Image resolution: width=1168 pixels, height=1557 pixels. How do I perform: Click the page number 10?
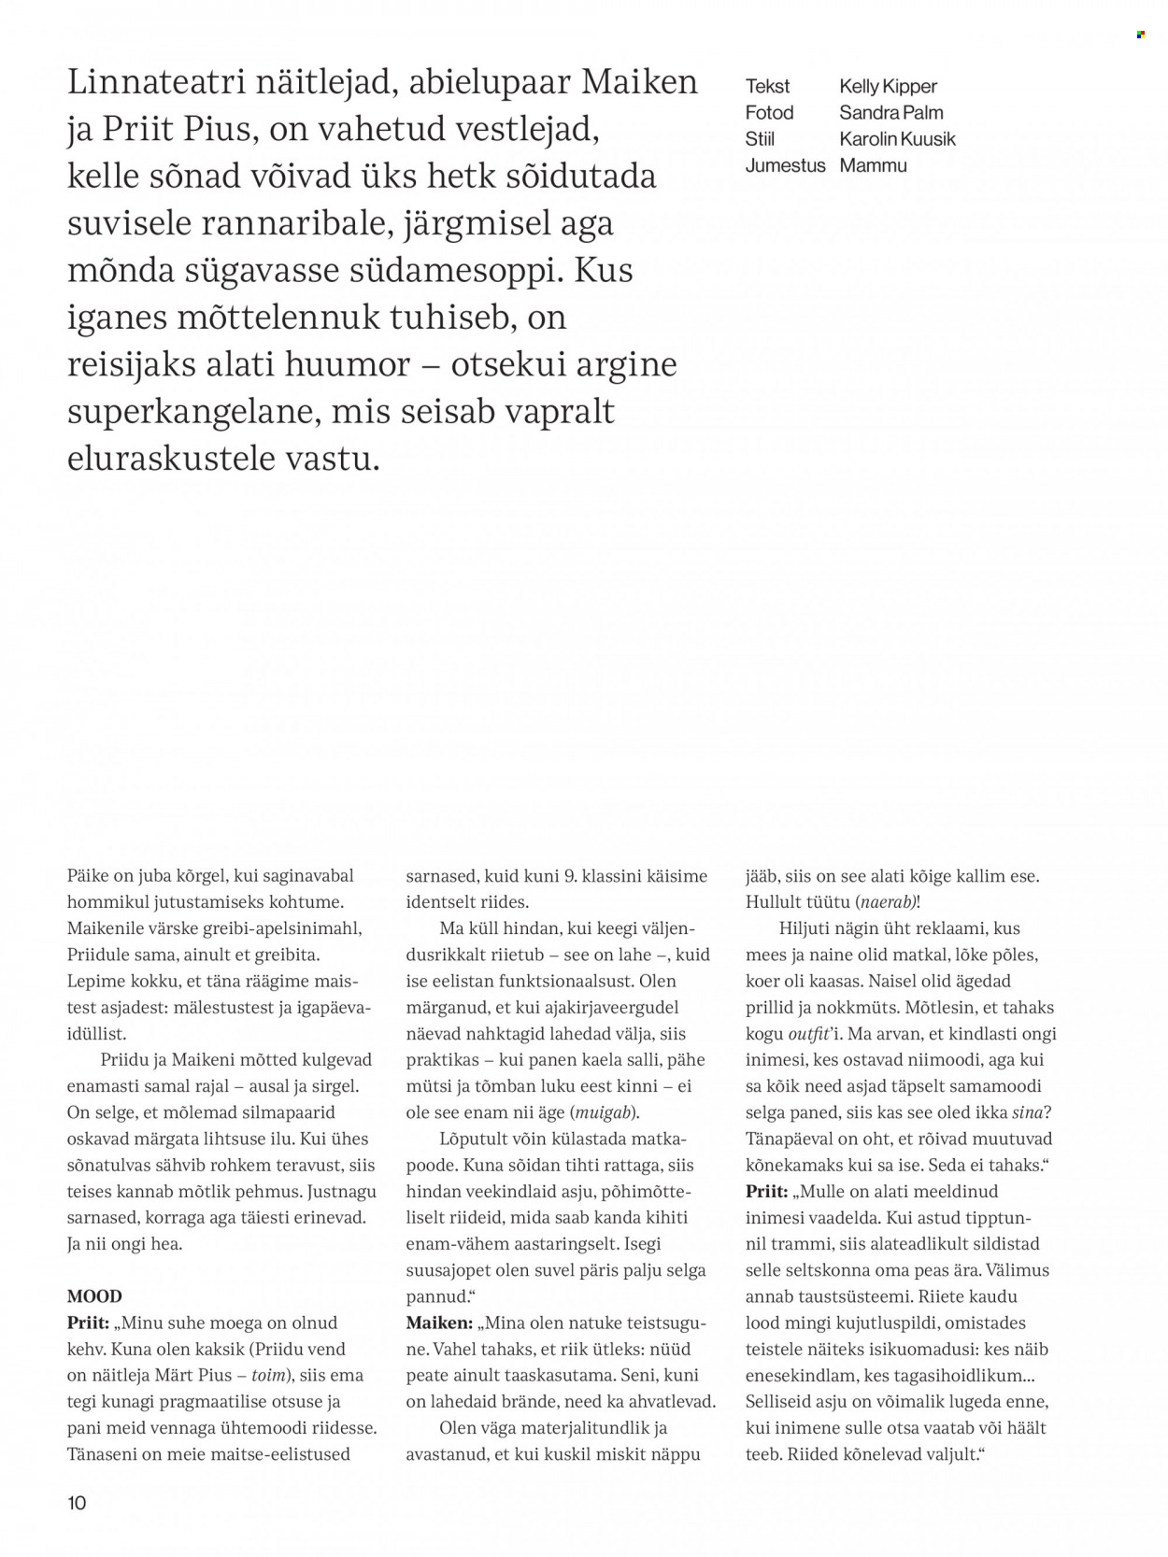click(77, 1502)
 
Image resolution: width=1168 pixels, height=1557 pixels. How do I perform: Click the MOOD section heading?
click(94, 1296)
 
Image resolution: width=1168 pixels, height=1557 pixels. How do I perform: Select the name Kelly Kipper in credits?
click(888, 86)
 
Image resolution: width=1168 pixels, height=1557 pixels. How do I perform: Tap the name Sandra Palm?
click(890, 113)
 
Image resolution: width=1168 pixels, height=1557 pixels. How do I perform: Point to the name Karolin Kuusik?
click(897, 139)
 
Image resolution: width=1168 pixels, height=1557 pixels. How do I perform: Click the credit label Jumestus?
click(785, 165)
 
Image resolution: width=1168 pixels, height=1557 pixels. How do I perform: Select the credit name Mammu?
click(873, 165)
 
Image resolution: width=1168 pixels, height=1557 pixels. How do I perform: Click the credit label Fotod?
click(769, 113)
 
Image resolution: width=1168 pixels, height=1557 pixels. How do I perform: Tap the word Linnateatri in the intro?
click(157, 82)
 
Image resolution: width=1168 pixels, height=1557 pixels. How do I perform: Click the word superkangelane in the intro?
click(192, 412)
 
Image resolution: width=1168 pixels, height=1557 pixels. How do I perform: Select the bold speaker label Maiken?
click(439, 1323)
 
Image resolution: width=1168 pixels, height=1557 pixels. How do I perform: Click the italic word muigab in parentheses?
click(605, 1112)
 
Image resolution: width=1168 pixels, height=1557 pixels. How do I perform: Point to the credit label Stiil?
click(760, 139)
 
